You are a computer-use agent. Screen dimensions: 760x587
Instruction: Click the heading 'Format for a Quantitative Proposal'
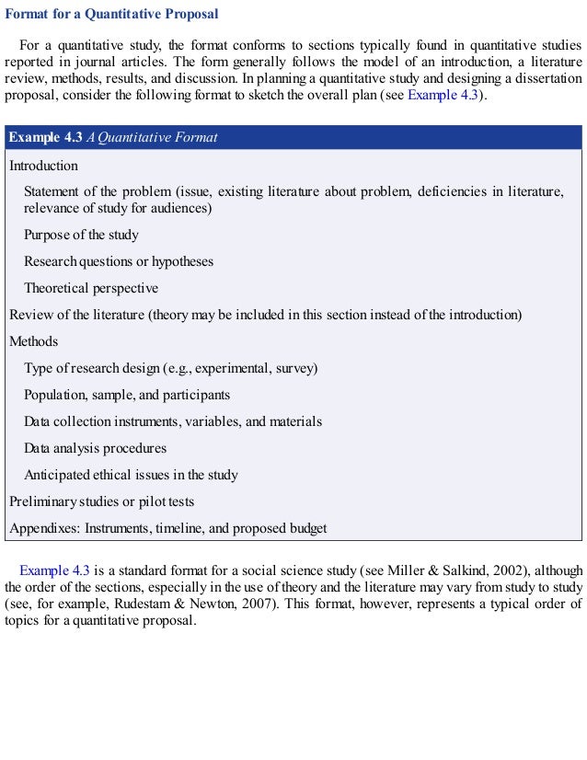pyautogui.click(x=112, y=15)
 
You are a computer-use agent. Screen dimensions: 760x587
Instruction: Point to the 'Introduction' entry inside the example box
pyautogui.click(x=43, y=166)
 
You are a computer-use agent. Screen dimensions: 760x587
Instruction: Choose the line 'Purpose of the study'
pyautogui.click(x=81, y=235)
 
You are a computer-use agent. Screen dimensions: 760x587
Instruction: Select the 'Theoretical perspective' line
pyautogui.click(x=91, y=288)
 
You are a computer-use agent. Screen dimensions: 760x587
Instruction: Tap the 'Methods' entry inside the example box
pyautogui.click(x=34, y=341)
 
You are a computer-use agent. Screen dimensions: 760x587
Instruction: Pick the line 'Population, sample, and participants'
pyautogui.click(x=127, y=395)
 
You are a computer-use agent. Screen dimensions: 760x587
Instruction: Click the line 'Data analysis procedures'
pyautogui.click(x=95, y=448)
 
